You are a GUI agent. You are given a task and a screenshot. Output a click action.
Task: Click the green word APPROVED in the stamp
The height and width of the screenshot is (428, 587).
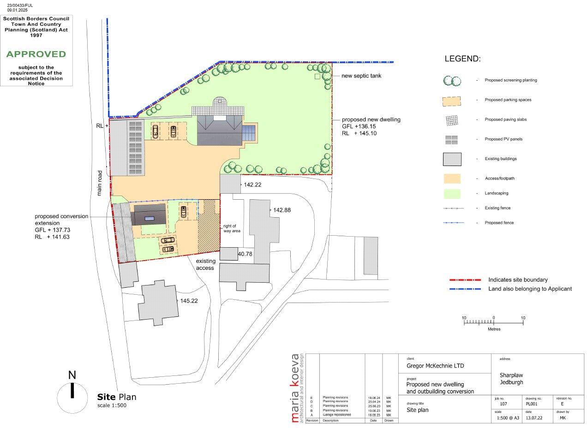tap(36, 54)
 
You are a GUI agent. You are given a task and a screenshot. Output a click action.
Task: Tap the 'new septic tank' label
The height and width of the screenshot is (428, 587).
tap(361, 76)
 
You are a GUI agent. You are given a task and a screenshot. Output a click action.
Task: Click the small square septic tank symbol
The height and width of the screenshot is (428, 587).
tap(317, 77)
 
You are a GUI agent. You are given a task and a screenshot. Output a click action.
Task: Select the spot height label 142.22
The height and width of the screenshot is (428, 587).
tap(253, 184)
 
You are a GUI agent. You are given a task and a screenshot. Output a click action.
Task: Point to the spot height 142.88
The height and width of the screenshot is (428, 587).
tap(282, 210)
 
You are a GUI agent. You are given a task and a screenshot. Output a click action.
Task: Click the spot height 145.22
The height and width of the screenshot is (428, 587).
tap(189, 300)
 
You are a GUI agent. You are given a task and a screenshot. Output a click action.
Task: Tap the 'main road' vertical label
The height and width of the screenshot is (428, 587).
tap(99, 184)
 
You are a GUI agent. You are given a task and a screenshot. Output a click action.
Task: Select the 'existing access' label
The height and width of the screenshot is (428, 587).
tap(205, 264)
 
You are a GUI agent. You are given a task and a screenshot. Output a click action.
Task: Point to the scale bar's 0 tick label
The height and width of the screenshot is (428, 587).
tap(493, 318)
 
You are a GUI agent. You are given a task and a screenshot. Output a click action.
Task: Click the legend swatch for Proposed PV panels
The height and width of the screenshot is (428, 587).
tap(452, 139)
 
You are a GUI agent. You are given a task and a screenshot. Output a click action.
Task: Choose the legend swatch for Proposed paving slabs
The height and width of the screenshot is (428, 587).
tap(452, 120)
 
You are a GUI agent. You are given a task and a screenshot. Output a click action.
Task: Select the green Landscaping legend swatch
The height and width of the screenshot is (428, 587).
tap(452, 193)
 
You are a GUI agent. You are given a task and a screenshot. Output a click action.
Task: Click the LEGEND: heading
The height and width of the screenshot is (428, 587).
tap(462, 59)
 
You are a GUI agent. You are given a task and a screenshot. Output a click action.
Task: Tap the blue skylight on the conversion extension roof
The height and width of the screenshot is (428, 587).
tap(149, 218)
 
